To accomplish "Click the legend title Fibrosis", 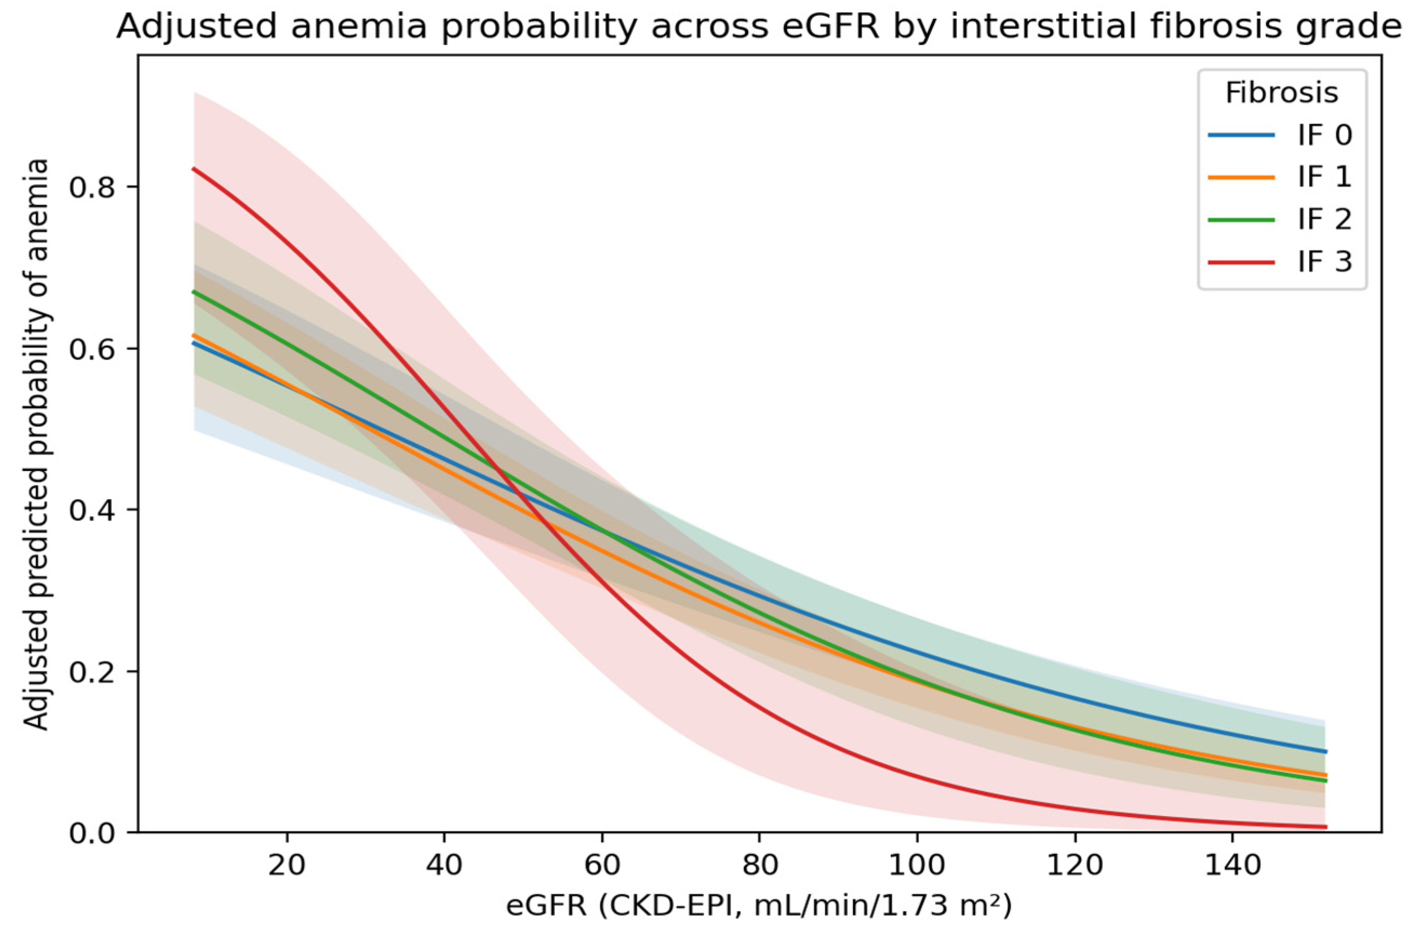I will point(1281,93).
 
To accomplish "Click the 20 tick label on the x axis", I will point(287,864).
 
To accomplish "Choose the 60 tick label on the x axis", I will point(601,864).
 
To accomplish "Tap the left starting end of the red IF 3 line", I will point(193,169).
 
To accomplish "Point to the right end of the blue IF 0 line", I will point(1325,751).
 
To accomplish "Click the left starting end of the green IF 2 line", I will point(193,292).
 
